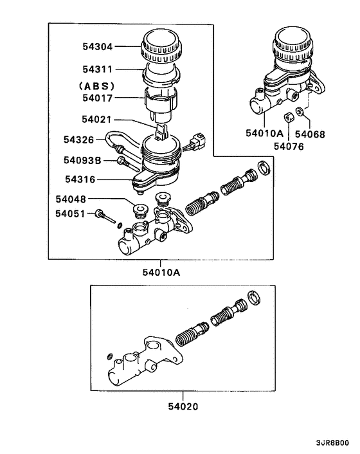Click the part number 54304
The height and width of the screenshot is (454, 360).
[97, 46]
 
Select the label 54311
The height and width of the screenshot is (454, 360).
[97, 68]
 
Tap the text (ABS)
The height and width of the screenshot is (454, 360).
[96, 86]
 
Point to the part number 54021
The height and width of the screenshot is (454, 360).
[97, 119]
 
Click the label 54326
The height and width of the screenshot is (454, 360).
[79, 139]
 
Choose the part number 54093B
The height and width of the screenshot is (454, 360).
[82, 159]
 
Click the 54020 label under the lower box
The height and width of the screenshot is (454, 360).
[184, 406]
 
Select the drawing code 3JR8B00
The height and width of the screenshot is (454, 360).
[332, 444]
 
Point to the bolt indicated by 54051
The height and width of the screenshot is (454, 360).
[101, 214]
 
